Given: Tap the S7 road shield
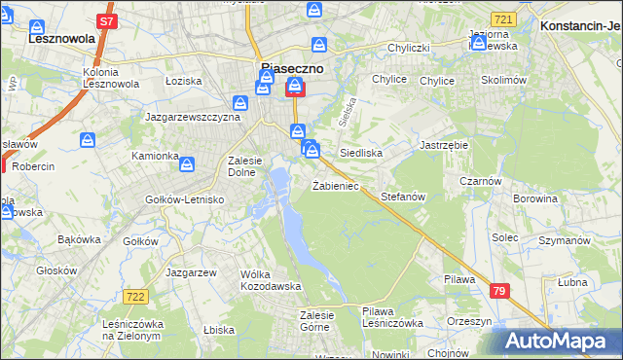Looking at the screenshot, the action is point(107,19).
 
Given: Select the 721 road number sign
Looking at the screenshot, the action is point(502,19).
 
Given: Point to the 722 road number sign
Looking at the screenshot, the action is point(135,296).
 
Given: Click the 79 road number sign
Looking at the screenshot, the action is point(499,290).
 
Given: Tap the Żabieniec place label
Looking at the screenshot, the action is point(336,186).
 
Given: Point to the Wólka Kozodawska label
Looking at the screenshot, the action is point(271,280).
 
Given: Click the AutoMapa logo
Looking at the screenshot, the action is point(560,341).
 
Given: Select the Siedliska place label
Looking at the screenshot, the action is point(360,154).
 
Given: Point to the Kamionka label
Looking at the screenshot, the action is point(155,156).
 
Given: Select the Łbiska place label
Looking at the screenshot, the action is point(219,330).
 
